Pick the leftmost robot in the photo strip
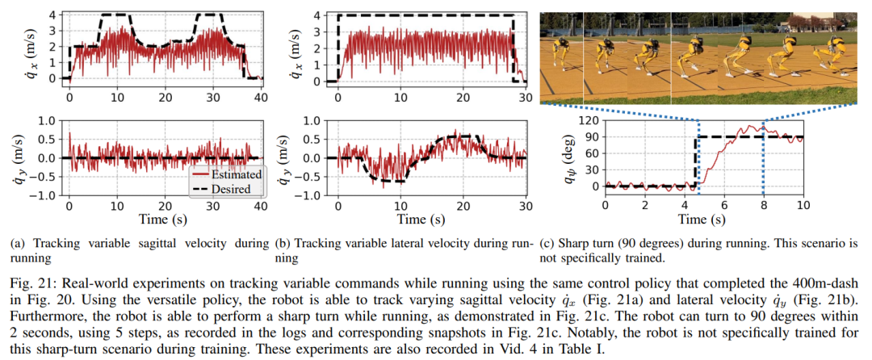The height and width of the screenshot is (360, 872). click(x=566, y=61)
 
